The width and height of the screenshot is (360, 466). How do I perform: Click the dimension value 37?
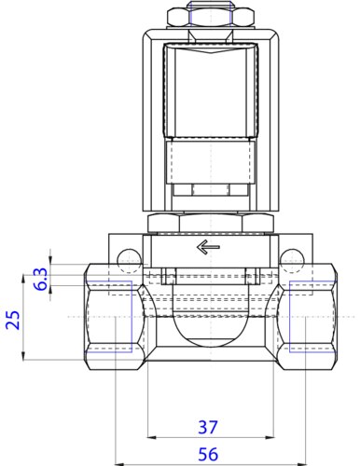[x=208, y=428]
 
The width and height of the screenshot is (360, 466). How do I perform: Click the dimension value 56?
[x=208, y=453]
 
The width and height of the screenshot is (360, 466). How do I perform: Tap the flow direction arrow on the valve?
[x=207, y=248]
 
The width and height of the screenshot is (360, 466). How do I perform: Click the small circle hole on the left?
[x=128, y=257]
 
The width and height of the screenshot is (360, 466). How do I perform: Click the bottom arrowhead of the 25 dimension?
[x=23, y=357]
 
